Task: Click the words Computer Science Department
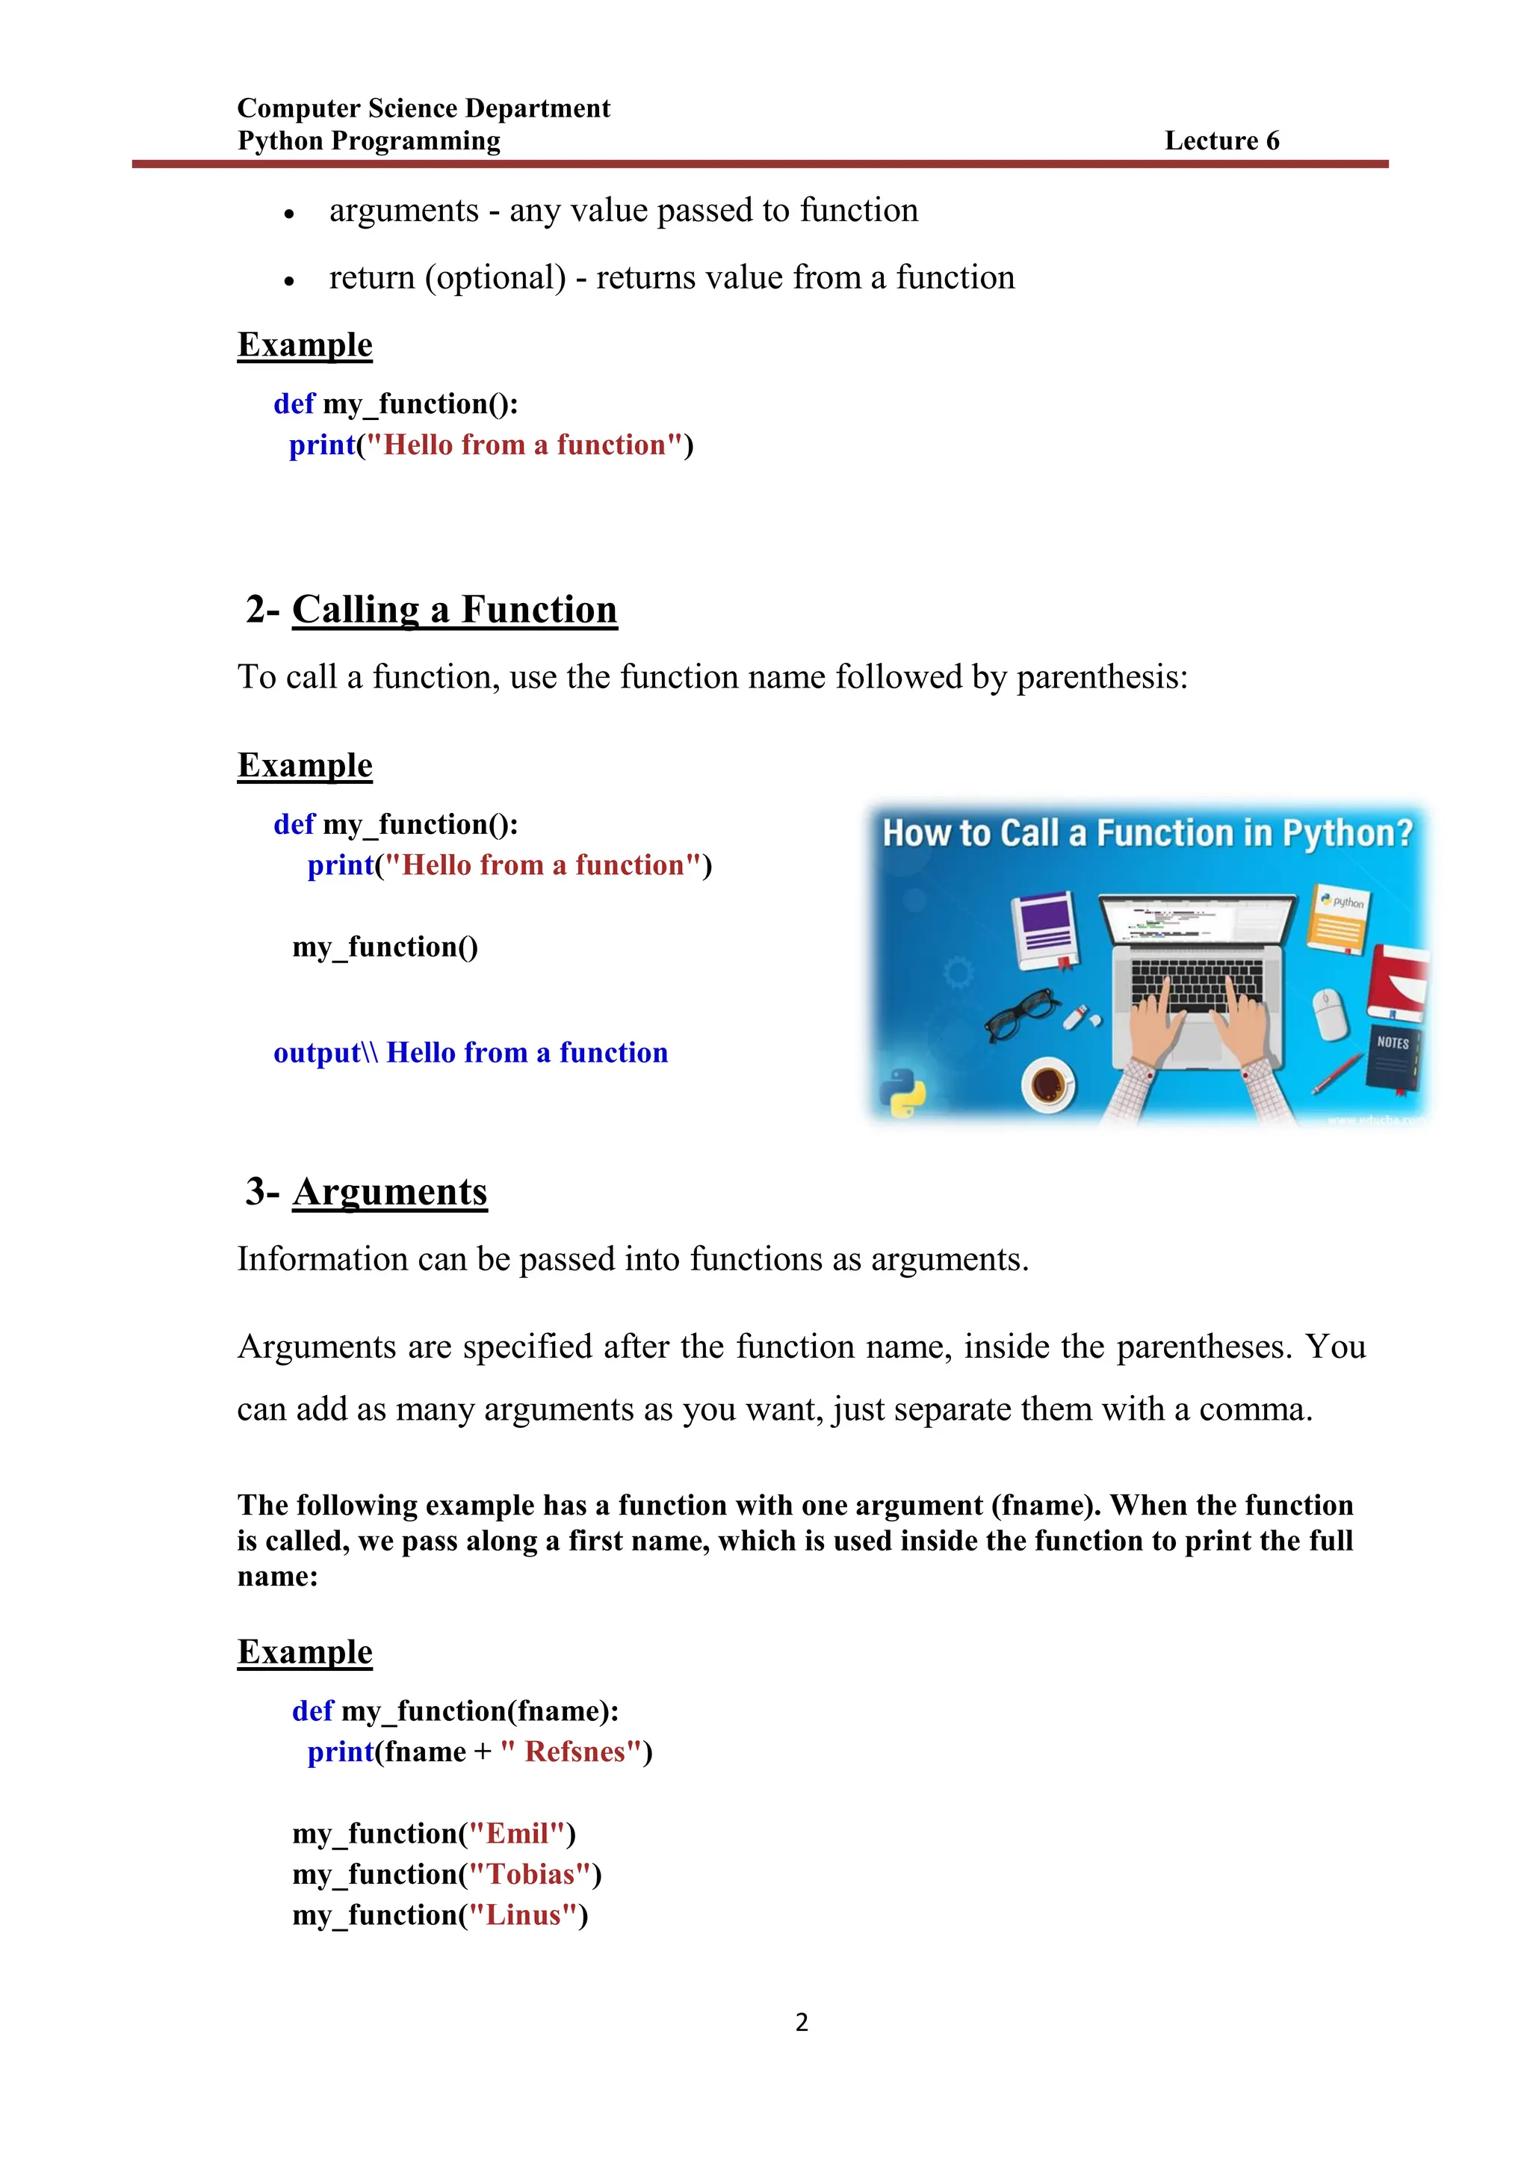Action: coord(423,108)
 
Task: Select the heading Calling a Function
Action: coord(454,609)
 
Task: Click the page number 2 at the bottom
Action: coord(802,2023)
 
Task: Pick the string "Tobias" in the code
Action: coord(530,1874)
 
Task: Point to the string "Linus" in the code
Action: coord(523,1914)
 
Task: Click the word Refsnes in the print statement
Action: coord(574,1752)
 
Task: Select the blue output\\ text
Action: coord(325,1052)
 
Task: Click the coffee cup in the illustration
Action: coord(1047,1084)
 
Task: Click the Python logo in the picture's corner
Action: coord(902,1093)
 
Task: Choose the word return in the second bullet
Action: coord(371,277)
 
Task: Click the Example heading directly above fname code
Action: coord(304,1651)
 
